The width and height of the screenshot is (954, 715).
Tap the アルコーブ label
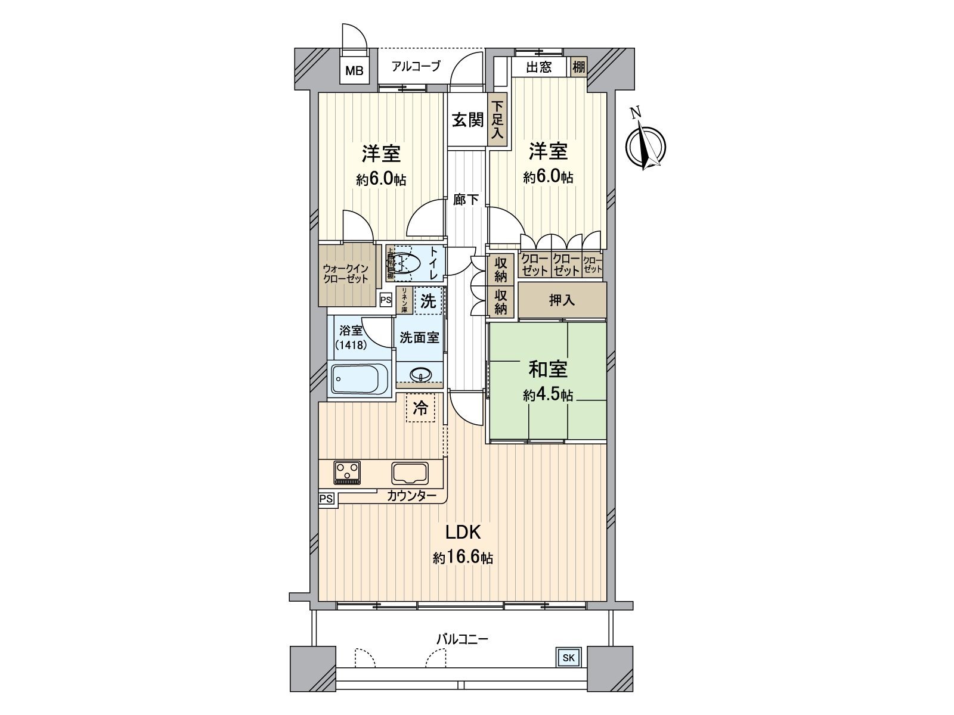[416, 66]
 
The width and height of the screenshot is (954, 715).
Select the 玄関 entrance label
[467, 120]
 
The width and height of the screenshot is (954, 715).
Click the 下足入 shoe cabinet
[497, 119]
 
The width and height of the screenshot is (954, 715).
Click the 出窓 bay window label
[538, 67]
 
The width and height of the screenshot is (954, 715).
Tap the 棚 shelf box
[578, 66]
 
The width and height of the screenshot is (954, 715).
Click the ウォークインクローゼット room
[345, 274]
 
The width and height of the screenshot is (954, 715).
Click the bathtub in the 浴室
[360, 378]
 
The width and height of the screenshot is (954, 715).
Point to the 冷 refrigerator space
[420, 408]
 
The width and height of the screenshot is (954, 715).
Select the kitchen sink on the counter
[410, 473]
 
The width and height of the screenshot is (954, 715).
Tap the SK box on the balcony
[568, 658]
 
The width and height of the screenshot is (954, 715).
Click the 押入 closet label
[562, 300]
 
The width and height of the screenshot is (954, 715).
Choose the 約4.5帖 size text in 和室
[548, 395]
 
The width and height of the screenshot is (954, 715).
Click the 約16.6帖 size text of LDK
[463, 558]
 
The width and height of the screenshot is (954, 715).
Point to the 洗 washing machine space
[428, 301]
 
